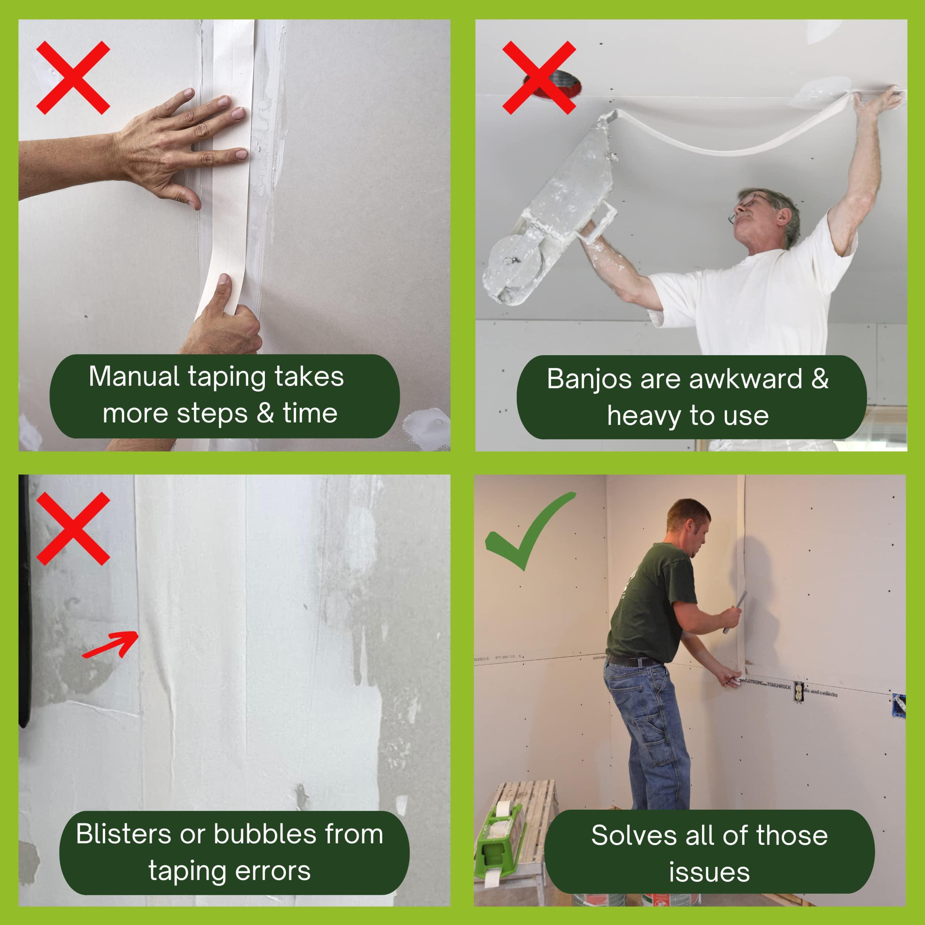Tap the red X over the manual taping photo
click(73, 78)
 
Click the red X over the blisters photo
click(73, 529)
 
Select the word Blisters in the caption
click(124, 834)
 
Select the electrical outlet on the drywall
click(798, 691)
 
